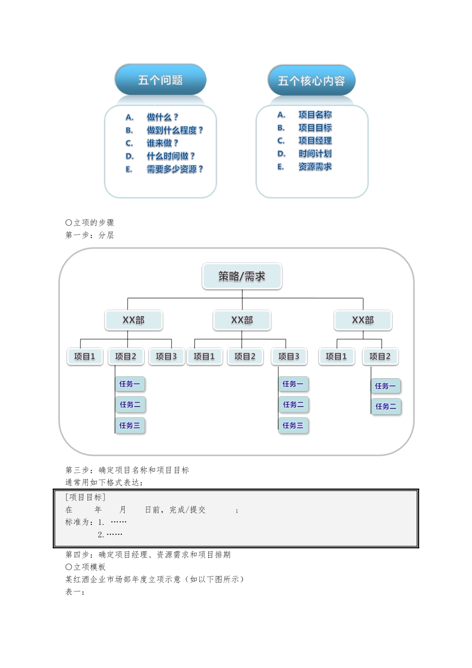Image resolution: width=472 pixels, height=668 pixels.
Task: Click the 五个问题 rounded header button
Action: (160, 80)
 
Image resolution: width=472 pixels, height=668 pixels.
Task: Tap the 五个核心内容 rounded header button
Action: (312, 81)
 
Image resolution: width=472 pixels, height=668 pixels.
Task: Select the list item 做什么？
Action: (162, 117)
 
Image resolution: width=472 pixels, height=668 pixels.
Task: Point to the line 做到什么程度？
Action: (174, 130)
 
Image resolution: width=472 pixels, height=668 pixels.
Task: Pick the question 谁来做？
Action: (162, 143)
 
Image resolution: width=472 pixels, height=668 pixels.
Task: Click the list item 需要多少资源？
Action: (174, 169)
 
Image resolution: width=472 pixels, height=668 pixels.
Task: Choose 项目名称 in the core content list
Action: (315, 115)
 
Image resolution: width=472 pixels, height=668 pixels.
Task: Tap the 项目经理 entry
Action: (315, 141)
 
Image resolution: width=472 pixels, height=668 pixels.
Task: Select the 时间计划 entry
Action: (315, 154)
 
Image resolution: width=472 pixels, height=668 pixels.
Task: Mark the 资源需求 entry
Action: (315, 167)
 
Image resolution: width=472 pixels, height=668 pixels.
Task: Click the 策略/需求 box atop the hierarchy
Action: (242, 276)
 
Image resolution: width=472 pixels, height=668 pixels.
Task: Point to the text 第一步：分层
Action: (90, 235)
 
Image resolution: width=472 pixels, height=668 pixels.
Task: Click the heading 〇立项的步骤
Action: (90, 223)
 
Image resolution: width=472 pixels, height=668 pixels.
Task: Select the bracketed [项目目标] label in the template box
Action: (85, 497)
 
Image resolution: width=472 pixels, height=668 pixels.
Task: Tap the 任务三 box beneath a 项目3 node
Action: (293, 425)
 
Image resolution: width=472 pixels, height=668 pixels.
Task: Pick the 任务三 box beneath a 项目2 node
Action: (130, 425)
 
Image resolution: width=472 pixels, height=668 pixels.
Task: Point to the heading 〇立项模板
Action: (85, 567)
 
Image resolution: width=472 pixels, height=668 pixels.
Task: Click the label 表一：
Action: (75, 591)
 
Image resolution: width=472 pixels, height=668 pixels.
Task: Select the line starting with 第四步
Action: (148, 555)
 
